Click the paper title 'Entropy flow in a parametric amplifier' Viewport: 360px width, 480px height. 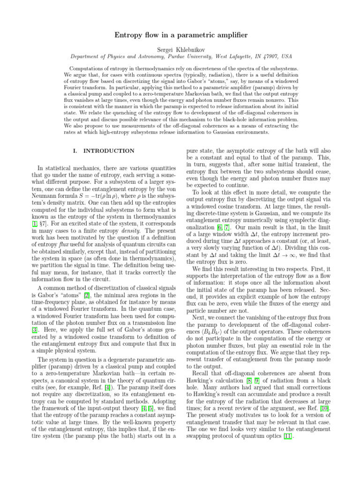[x=180, y=36]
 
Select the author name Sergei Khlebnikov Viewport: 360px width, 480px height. [x=180, y=48]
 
